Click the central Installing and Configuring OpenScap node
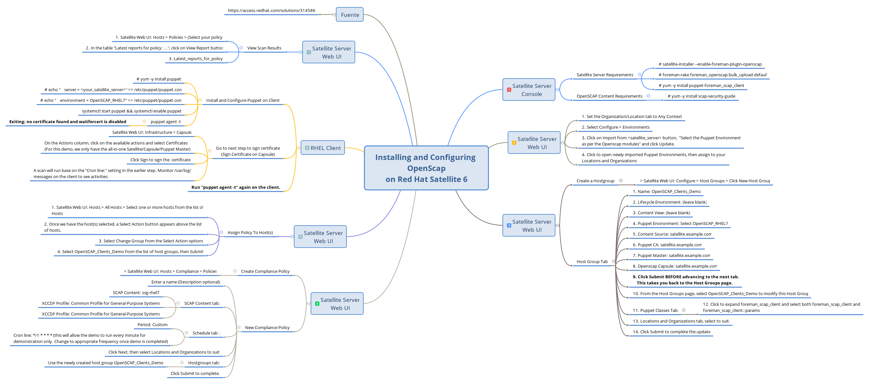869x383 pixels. pos(426,168)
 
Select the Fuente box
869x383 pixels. pos(349,15)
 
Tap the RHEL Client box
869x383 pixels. pos(323,148)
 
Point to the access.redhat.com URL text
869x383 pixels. pos(271,10)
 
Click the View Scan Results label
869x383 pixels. pos(264,48)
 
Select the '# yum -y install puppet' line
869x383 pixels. pos(159,79)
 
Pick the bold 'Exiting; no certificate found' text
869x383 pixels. pos(67,122)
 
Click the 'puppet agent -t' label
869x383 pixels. pos(165,122)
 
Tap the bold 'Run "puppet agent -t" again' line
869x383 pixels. pos(235,187)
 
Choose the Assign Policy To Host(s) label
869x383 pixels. pos(250,232)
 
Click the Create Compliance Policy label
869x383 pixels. pos(265,271)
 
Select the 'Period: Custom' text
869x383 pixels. pos(152,324)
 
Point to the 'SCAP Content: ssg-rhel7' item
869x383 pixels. pos(136,293)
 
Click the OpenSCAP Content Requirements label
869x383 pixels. pos(609,96)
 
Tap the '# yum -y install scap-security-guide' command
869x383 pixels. pos(701,96)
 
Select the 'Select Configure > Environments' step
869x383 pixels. pos(615,127)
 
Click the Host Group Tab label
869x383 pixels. pos(592,261)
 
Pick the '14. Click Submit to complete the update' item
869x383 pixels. pos(671,332)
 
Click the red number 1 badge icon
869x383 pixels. pos(509,90)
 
